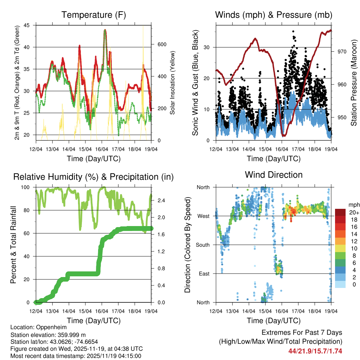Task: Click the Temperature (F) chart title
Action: tap(94, 15)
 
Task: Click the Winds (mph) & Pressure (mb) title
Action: tap(274, 15)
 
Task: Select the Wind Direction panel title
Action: tap(274, 174)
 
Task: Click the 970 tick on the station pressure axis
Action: tap(342, 52)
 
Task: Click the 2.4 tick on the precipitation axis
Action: tap(159, 200)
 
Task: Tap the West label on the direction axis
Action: tap(204, 216)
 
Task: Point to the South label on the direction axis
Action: tap(203, 245)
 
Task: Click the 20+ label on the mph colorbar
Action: tap(352, 212)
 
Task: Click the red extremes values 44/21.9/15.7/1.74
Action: tap(315, 351)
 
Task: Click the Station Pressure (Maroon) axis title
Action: tap(354, 83)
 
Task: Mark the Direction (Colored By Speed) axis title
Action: tap(187, 244)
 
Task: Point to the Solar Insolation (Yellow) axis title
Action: tap(173, 83)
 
